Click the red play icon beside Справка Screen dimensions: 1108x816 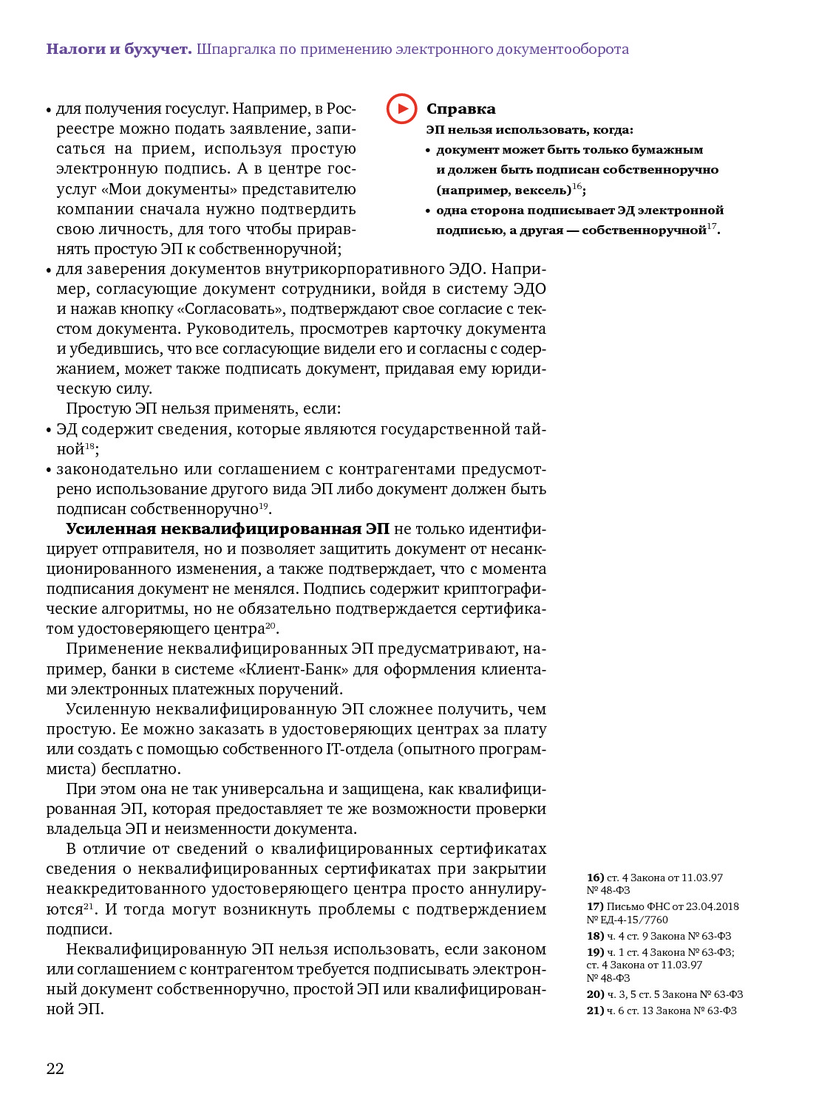401,109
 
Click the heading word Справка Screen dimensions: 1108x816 460,109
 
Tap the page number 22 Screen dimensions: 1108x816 55,1068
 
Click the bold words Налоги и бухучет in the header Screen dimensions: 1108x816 118,49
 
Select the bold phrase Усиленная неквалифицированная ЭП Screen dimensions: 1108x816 227,529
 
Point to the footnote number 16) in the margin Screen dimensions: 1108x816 595,878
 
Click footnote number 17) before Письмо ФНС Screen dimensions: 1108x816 595,906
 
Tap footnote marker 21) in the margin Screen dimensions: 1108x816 595,1010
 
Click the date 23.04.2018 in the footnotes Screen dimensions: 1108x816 712,906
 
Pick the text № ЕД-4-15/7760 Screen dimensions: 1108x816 627,920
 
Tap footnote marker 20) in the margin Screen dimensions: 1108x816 595,994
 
